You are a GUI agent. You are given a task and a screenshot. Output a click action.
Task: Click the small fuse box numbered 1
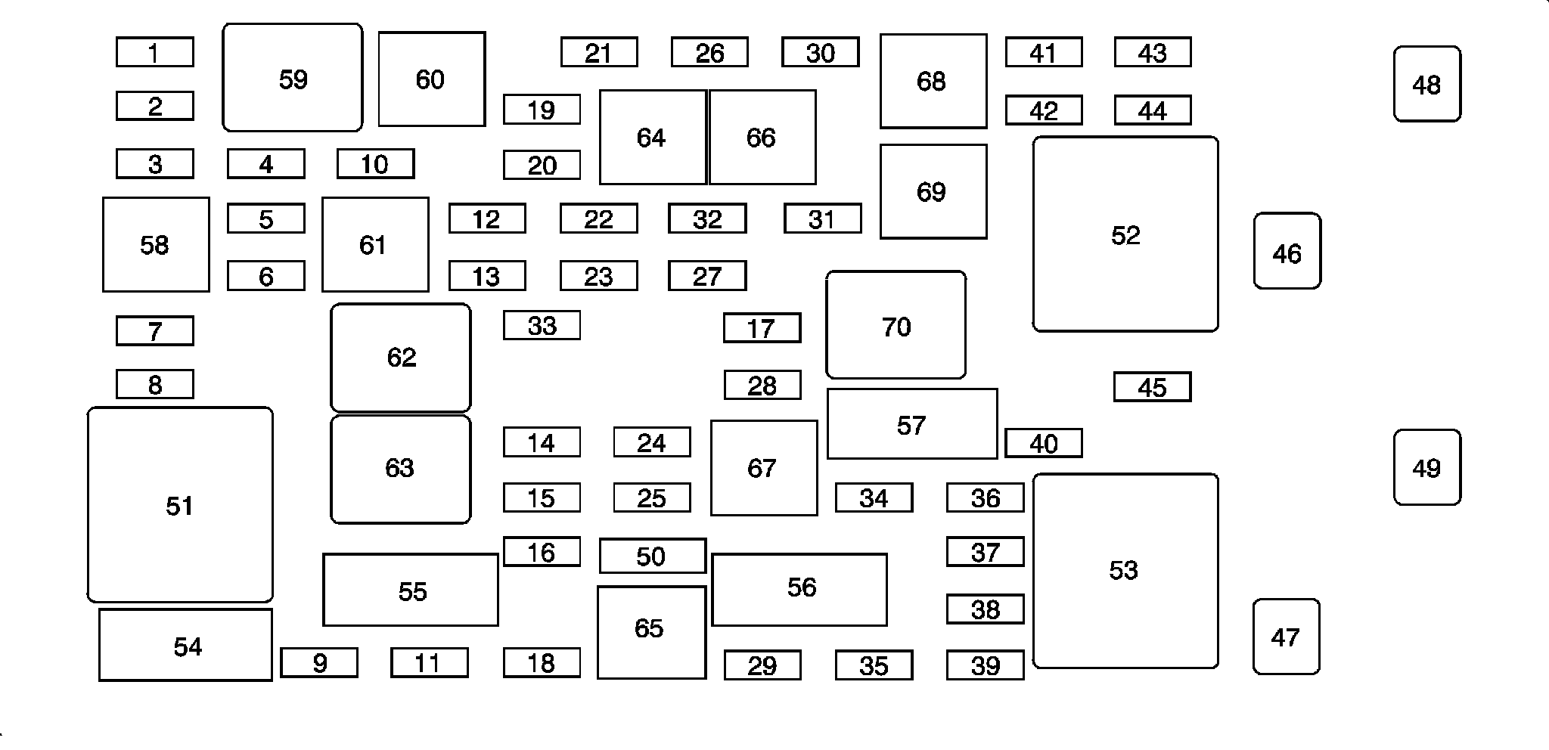[154, 53]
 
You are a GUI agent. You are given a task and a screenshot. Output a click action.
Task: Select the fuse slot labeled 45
[1152, 387]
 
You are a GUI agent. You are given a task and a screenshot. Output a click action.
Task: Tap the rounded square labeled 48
[1427, 84]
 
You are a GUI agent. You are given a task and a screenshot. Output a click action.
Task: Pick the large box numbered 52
[1125, 234]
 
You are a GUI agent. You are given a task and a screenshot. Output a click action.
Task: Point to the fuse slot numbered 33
[542, 326]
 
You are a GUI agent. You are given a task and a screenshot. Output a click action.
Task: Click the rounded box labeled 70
[896, 325]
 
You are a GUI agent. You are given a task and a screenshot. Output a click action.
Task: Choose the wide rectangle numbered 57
[911, 424]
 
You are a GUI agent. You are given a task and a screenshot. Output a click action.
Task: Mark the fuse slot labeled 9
[319, 663]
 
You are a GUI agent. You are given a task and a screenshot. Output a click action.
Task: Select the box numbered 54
[186, 646]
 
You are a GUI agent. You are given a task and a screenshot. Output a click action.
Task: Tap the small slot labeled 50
[652, 556]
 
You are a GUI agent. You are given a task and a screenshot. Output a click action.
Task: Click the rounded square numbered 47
[1286, 637]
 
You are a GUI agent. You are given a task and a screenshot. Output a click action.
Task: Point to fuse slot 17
[762, 328]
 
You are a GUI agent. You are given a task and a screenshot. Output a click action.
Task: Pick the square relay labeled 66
[762, 138]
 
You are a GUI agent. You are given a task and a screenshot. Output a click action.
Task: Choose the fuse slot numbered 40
[1043, 443]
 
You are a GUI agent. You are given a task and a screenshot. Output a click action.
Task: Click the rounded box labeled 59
[293, 78]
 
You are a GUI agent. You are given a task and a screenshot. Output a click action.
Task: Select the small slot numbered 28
[762, 386]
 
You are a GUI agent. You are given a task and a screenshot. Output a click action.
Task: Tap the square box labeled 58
[156, 245]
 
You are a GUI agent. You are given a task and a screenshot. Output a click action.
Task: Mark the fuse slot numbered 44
[1152, 111]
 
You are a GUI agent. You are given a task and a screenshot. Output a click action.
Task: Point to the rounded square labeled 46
[1287, 252]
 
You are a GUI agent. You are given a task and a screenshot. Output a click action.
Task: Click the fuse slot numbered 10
[375, 164]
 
